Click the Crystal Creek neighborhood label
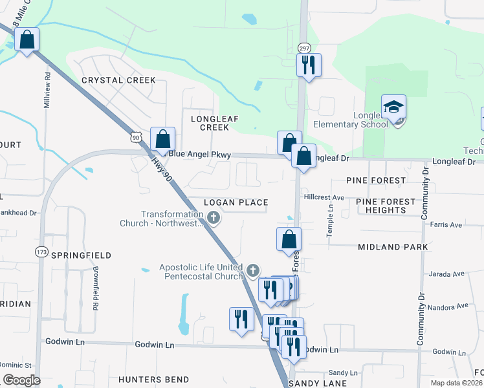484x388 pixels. point(118,80)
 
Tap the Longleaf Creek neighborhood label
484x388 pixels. point(210,123)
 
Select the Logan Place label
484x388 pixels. point(236,202)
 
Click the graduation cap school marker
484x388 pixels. point(393,107)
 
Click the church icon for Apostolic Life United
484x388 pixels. point(253,269)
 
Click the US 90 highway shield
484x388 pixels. point(135,137)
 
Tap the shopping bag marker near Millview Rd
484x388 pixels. point(27,40)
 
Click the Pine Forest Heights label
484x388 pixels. point(386,206)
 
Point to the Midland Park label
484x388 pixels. point(393,247)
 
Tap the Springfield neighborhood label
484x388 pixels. point(83,255)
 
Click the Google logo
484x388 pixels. point(22,380)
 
